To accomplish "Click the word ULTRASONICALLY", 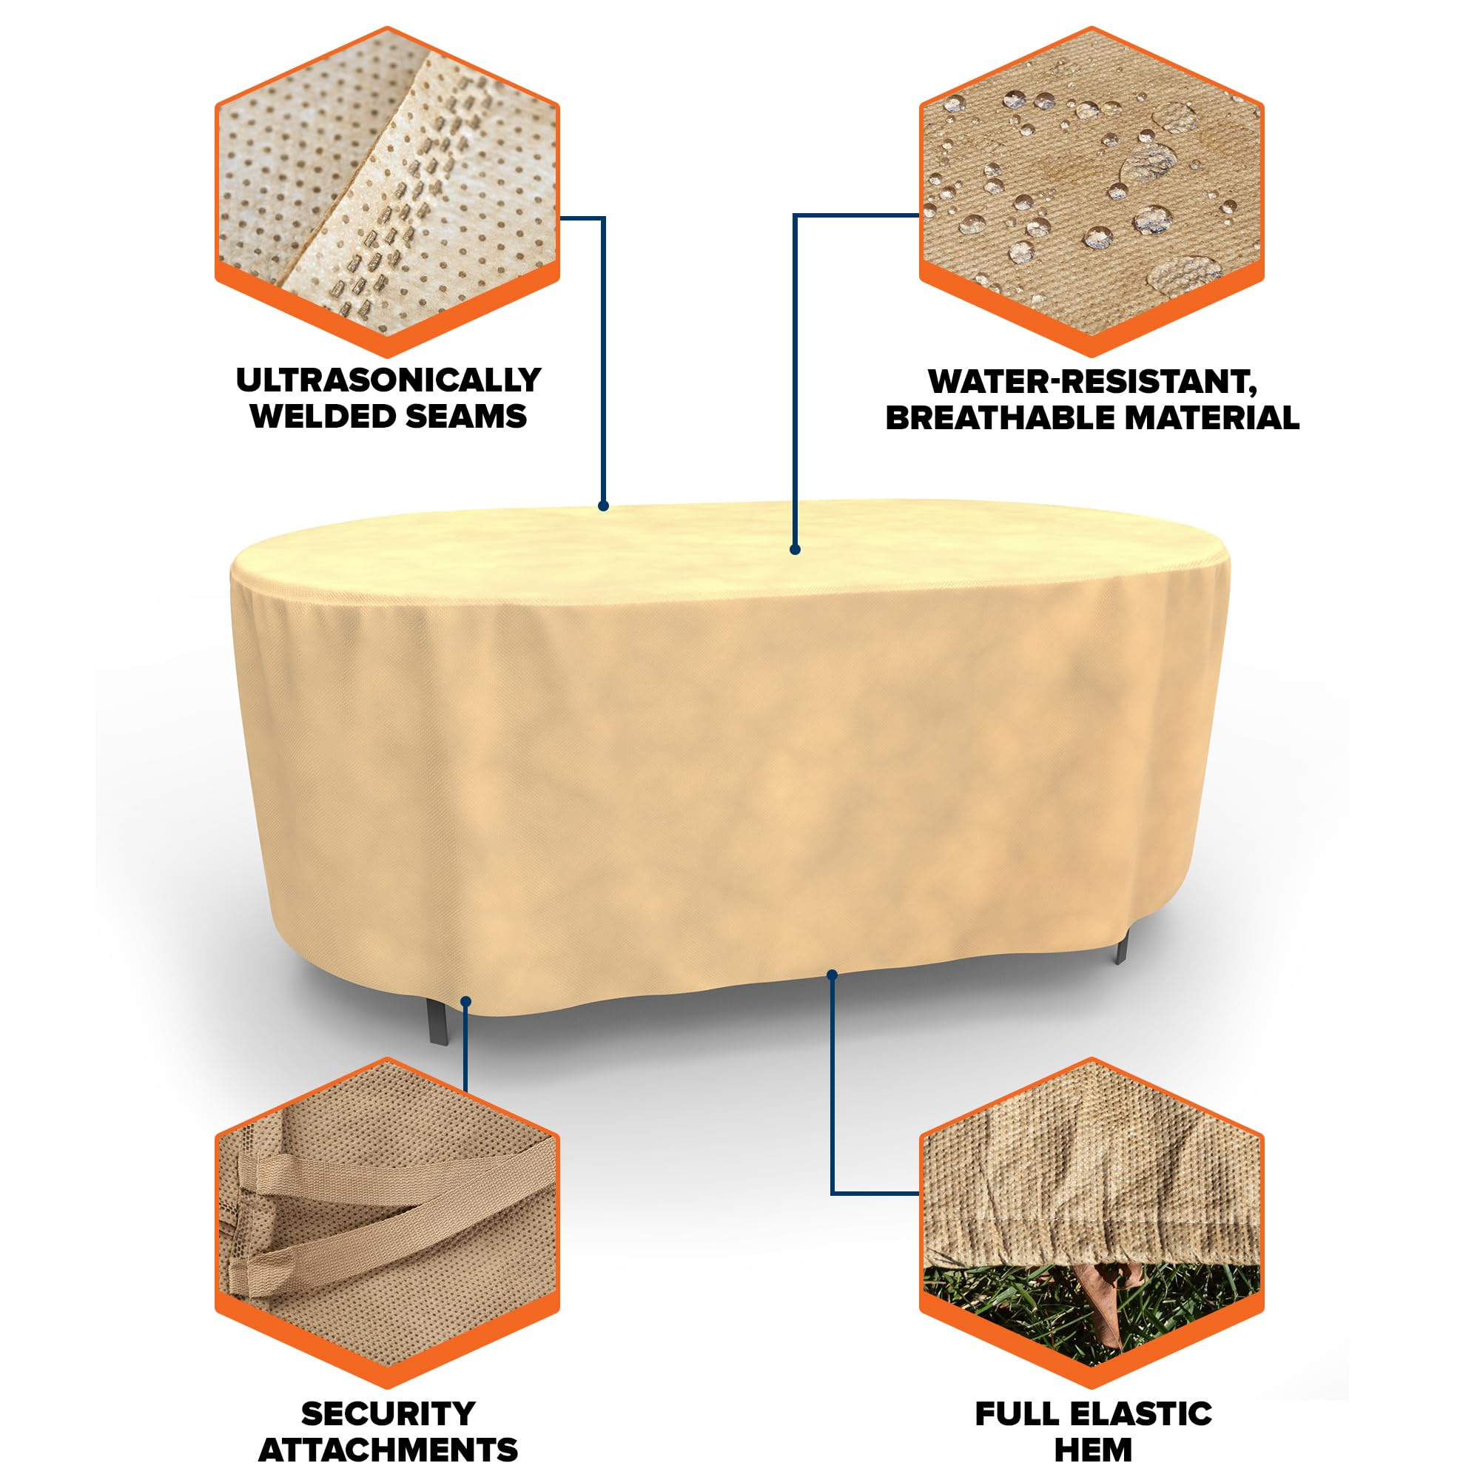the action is coord(388,380).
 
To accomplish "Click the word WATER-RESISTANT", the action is coord(1092,382).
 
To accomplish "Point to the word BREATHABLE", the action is coord(1000,417).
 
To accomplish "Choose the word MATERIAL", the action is coord(1213,417).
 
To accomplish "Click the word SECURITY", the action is coord(388,1414).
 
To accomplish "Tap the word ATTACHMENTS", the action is coord(388,1450).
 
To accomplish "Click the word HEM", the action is coord(1093,1450).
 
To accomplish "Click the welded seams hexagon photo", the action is coord(388,192).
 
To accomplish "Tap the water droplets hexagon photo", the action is coord(1091,192).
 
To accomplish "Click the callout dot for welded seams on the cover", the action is coord(604,505).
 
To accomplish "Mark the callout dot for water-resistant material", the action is coord(795,549).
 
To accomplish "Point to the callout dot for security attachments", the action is coord(465,1000).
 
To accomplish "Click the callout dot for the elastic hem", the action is coord(832,975).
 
